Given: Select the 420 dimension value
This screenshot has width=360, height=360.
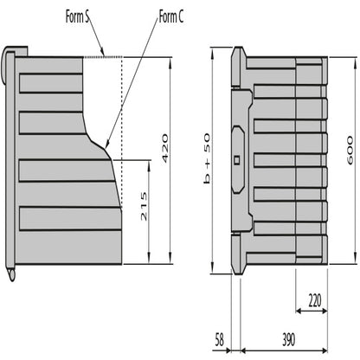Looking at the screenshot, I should (x=162, y=150).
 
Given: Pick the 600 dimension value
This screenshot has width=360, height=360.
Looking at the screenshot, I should (x=349, y=151).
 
